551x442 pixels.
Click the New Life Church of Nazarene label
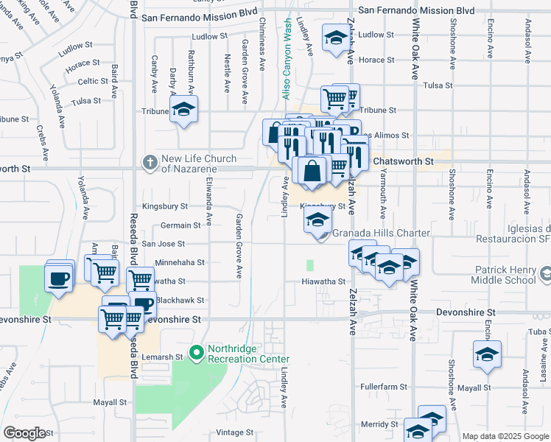pos(199,164)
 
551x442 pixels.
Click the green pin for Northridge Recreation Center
pos(195,354)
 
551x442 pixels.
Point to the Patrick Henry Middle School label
pos(499,275)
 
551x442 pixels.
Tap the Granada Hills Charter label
pos(381,234)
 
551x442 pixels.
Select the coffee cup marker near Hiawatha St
pos(59,278)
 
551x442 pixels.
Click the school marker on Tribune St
pos(183,111)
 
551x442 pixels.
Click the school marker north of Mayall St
pos(487,356)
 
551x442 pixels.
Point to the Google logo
pos(24,433)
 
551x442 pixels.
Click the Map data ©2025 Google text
pos(505,436)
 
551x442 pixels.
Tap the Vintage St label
pos(234,432)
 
